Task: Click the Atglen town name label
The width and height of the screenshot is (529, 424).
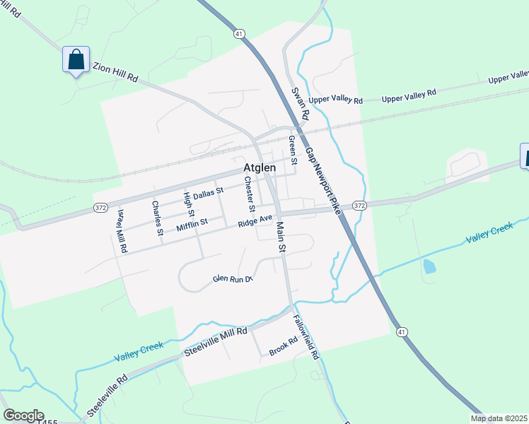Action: [x=260, y=169]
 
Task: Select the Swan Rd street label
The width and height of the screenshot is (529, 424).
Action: [x=301, y=103]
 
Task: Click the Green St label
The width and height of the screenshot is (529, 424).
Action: [x=291, y=147]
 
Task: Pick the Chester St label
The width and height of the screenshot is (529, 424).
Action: [x=250, y=194]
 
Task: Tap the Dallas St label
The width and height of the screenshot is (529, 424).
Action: [x=208, y=192]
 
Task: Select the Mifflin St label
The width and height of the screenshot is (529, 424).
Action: [x=192, y=223]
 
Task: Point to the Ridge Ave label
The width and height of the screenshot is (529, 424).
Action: [x=255, y=221]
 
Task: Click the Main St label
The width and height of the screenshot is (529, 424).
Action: [x=281, y=237]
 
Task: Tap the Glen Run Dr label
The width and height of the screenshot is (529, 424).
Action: [x=233, y=279]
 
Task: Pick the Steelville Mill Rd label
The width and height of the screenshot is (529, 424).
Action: [x=216, y=341]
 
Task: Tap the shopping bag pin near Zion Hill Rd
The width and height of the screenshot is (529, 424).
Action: [x=76, y=59]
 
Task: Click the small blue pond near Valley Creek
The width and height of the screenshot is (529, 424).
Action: [x=429, y=266]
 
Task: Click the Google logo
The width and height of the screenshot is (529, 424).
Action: [x=23, y=416]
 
